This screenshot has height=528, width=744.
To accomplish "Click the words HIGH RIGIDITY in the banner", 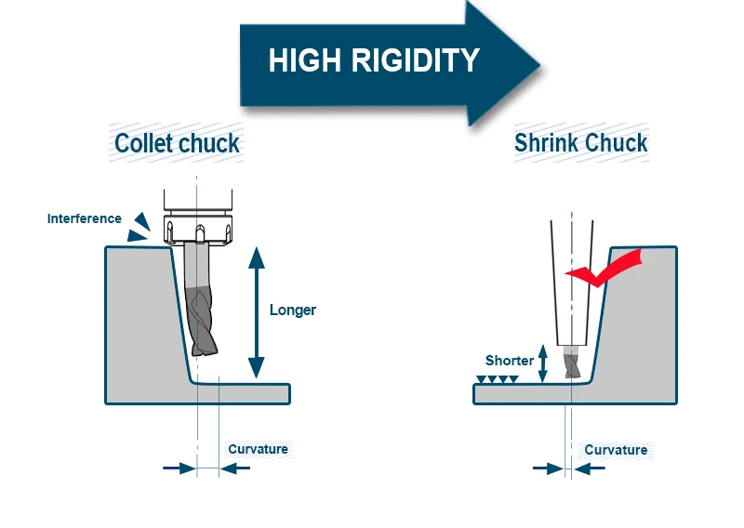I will pos(374,61).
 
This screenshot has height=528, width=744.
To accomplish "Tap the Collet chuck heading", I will pos(177,144).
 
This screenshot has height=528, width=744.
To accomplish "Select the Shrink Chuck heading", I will pos(580,144).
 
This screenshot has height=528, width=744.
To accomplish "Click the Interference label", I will pos(85,219).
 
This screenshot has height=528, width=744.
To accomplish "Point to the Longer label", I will pos(293,310).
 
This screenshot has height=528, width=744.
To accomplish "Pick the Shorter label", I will pos(510,361).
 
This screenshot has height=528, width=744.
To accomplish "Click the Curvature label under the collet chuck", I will pos(259,449).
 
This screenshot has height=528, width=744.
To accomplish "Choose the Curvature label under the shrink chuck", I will pos(616,450).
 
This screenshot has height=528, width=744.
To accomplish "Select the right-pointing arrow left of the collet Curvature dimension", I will pos(179,468).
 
